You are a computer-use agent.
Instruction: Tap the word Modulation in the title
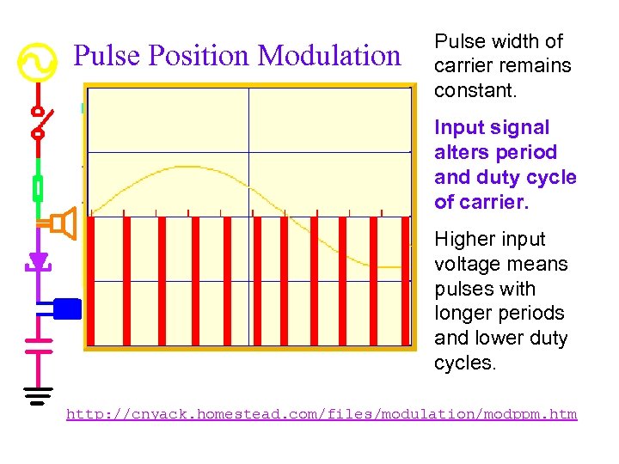coord(330,56)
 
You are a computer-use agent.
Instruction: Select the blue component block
coord(66,308)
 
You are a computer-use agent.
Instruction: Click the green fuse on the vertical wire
coord(38,187)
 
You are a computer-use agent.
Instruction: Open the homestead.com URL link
coord(322,414)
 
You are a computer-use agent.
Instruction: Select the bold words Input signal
coord(492,128)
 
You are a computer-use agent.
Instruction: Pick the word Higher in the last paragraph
coord(465,239)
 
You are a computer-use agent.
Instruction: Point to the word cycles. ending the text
coord(465,363)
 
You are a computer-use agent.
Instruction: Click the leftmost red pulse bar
coord(94,280)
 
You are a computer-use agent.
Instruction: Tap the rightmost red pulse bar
coord(404,280)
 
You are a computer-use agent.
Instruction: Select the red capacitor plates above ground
coord(38,345)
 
